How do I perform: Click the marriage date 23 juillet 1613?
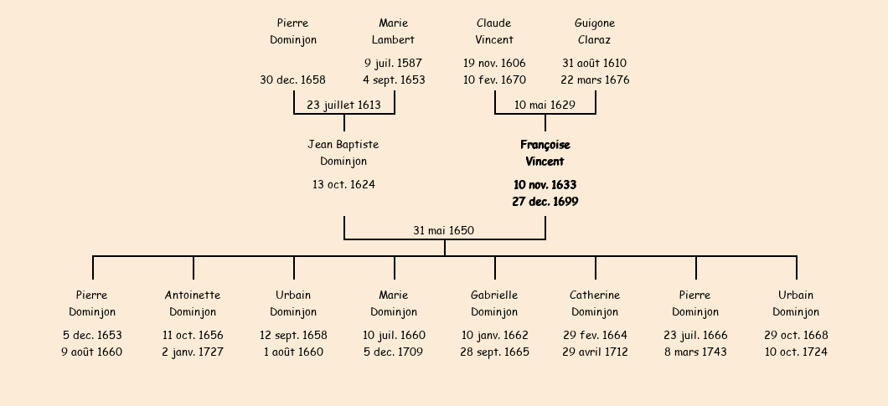tap(343, 105)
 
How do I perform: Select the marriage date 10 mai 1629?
tap(545, 105)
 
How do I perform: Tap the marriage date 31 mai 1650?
tap(443, 230)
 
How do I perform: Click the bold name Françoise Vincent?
tap(545, 153)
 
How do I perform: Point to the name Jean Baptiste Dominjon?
tap(343, 153)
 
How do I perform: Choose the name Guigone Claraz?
tap(595, 31)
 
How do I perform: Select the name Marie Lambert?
tap(394, 31)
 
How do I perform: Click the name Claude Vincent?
tap(494, 31)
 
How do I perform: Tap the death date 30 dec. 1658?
tap(293, 80)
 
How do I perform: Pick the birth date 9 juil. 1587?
tap(394, 63)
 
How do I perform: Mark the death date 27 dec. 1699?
tap(545, 202)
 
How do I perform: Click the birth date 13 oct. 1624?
tap(343, 185)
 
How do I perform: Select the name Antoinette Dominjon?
tap(193, 304)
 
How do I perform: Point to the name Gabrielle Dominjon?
tap(494, 304)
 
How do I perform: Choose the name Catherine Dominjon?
tap(595, 304)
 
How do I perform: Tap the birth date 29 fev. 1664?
tap(595, 335)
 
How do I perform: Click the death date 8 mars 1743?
tap(695, 352)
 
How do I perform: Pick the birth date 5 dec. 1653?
tap(92, 335)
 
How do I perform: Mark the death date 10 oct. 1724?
tap(796, 352)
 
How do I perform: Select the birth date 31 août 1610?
tap(595, 63)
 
